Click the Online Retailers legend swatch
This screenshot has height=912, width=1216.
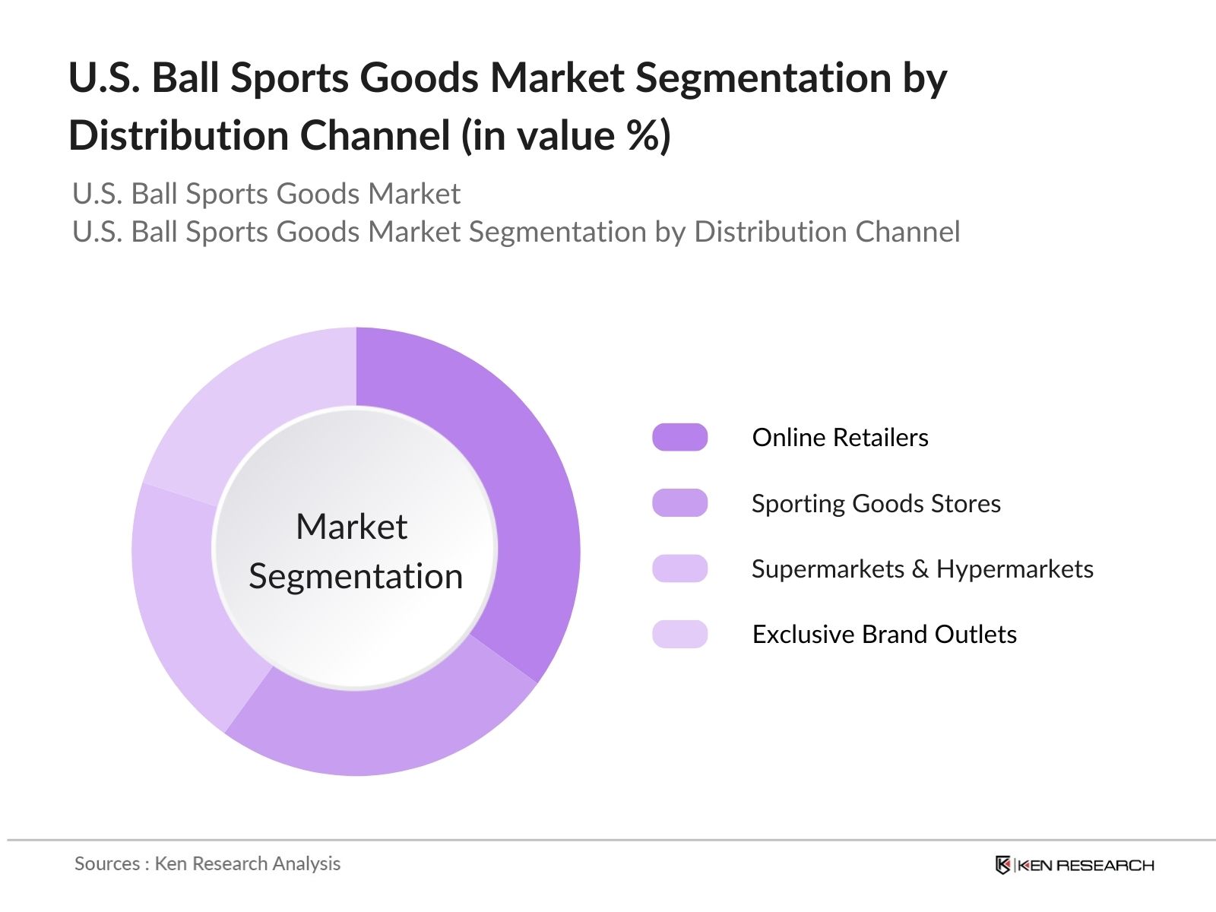pyautogui.click(x=679, y=437)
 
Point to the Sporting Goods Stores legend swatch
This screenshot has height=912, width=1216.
pyautogui.click(x=679, y=503)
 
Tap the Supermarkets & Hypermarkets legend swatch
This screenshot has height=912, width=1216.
pyautogui.click(x=679, y=568)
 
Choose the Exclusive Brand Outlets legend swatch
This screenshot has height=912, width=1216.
pyautogui.click(x=679, y=634)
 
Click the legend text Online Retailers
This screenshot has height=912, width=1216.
pyautogui.click(x=840, y=438)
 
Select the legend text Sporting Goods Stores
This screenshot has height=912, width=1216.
pyautogui.click(x=876, y=504)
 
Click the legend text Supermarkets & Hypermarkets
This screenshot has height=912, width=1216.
pyautogui.click(x=922, y=569)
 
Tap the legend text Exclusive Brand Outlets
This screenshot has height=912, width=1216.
pyautogui.click(x=884, y=635)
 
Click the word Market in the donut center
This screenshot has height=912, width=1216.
pyautogui.click(x=351, y=527)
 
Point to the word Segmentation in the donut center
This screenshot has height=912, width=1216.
pyautogui.click(x=356, y=576)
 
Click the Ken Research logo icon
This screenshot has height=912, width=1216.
pyautogui.click(x=1002, y=865)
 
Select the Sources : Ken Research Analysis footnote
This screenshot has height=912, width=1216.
pyautogui.click(x=207, y=863)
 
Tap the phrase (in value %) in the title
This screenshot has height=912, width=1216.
pyautogui.click(x=566, y=136)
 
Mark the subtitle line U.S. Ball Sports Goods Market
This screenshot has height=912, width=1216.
pyautogui.click(x=266, y=194)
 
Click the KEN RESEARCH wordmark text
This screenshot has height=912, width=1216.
pyautogui.click(x=1085, y=865)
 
